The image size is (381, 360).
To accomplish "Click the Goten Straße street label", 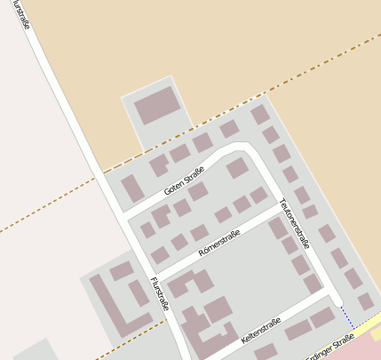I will (x=184, y=180).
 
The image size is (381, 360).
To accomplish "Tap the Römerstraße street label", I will (x=220, y=241).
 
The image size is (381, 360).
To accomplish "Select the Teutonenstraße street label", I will (x=296, y=221).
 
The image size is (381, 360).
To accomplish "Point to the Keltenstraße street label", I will (x=260, y=331).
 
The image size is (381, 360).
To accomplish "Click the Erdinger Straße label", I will (x=329, y=348).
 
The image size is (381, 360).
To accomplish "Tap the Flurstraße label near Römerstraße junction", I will (x=161, y=296).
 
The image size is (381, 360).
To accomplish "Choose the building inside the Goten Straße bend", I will (x=236, y=168).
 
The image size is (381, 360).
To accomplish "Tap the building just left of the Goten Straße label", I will (x=132, y=188).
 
